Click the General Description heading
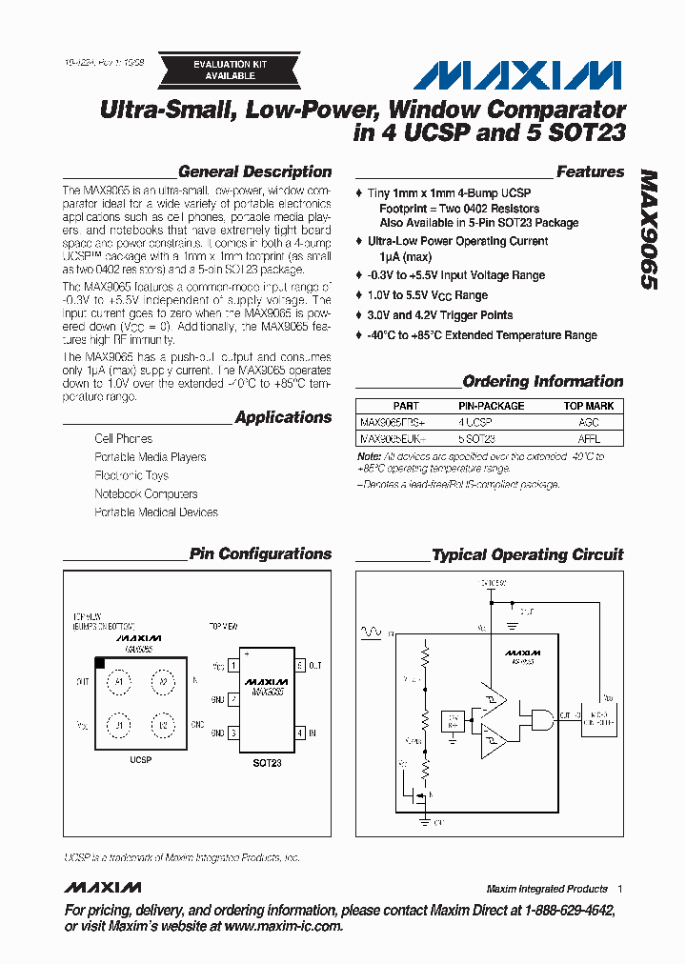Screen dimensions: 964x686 point(254,172)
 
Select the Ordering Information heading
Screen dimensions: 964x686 point(542,381)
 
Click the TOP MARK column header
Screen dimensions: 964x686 point(589,406)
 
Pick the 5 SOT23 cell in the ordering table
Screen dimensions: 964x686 point(475,439)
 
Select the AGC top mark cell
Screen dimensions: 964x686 point(589,421)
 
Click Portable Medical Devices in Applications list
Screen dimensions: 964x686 point(156,512)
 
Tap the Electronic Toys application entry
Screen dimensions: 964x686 point(131,475)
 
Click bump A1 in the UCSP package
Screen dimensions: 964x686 point(120,682)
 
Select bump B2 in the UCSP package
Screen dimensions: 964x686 point(162,726)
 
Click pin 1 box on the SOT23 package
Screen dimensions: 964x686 point(232,666)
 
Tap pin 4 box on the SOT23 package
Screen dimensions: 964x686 point(299,733)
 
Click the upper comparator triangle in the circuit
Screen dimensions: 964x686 point(493,700)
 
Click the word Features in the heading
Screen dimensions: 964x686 point(590,172)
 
